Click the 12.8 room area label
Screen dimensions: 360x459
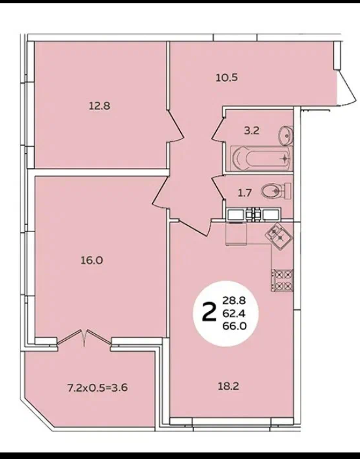pyautogui.click(x=99, y=106)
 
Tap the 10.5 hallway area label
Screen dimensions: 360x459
pyautogui.click(x=227, y=78)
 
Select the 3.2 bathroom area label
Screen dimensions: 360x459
pyautogui.click(x=252, y=131)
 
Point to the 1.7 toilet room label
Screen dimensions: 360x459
pyautogui.click(x=245, y=193)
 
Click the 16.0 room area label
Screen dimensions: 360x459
pyautogui.click(x=92, y=260)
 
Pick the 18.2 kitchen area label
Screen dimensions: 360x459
pyautogui.click(x=229, y=386)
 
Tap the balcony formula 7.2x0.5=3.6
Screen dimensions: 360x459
pyautogui.click(x=97, y=388)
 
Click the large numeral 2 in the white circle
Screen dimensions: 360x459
pyautogui.click(x=209, y=313)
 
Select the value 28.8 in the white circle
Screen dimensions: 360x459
pyautogui.click(x=235, y=301)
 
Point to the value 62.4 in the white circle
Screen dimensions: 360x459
pyautogui.click(x=235, y=313)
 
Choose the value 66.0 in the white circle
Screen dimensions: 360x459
pyautogui.click(x=235, y=326)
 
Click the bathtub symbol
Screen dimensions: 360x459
pyautogui.click(x=261, y=158)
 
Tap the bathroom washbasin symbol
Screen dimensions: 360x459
pyautogui.click(x=286, y=135)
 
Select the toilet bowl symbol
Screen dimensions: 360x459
pyautogui.click(x=276, y=191)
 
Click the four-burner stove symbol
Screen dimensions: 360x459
pyautogui.click(x=282, y=280)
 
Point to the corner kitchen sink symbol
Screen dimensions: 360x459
pyautogui.click(x=278, y=235)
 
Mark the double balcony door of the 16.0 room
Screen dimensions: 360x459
pyautogui.click(x=84, y=338)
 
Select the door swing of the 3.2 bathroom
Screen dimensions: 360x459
pyautogui.click(x=218, y=129)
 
